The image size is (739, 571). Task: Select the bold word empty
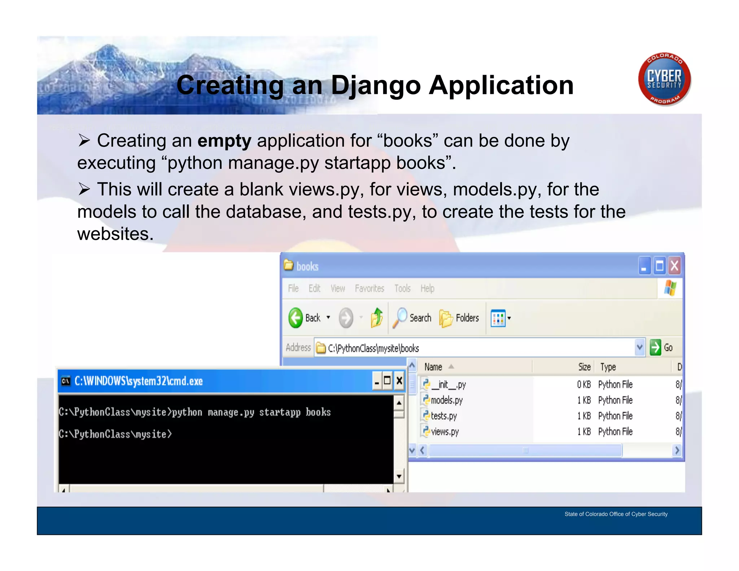pyautogui.click(x=224, y=141)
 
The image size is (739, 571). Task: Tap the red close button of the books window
pyautogui.click(x=674, y=266)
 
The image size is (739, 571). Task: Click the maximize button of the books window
pyautogui.click(x=660, y=266)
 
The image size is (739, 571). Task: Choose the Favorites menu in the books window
pyautogui.click(x=369, y=288)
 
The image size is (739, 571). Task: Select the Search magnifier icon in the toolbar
pyautogui.click(x=400, y=318)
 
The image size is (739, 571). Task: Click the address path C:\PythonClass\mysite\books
pyautogui.click(x=373, y=348)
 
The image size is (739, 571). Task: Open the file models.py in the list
pyautogui.click(x=446, y=400)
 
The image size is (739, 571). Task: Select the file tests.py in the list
pyautogui.click(x=443, y=416)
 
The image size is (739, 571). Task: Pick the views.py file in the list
pyautogui.click(x=445, y=432)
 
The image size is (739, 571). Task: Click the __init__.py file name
pyautogui.click(x=449, y=385)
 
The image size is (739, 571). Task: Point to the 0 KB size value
pyautogui.click(x=583, y=385)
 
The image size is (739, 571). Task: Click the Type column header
pyautogui.click(x=608, y=367)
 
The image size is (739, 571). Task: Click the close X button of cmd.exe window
pyautogui.click(x=399, y=381)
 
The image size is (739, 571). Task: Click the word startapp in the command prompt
pyautogui.click(x=280, y=412)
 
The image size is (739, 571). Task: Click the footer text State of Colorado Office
pyautogui.click(x=616, y=514)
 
